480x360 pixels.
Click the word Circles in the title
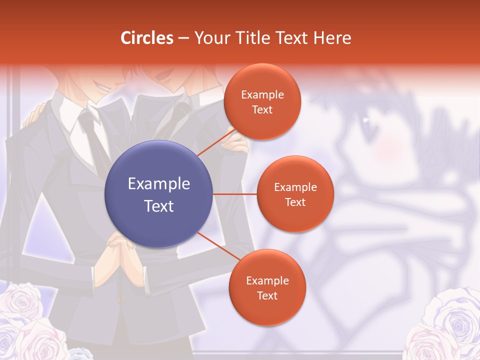coord(147,38)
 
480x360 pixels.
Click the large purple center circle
coord(159,194)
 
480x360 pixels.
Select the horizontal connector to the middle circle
coord(235,194)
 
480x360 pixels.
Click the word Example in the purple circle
coord(159,184)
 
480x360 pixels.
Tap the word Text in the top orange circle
coord(262,110)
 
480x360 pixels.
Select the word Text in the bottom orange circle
coord(267,295)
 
